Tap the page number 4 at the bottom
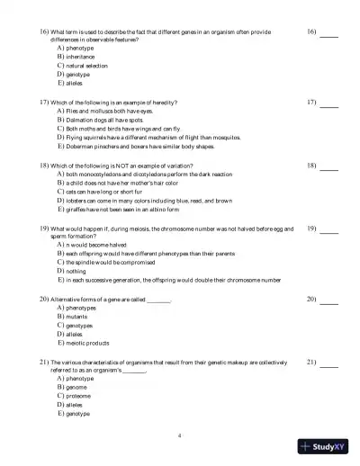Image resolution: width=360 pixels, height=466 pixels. tap(180, 435)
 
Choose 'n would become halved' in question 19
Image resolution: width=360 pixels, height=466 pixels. tap(93, 244)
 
